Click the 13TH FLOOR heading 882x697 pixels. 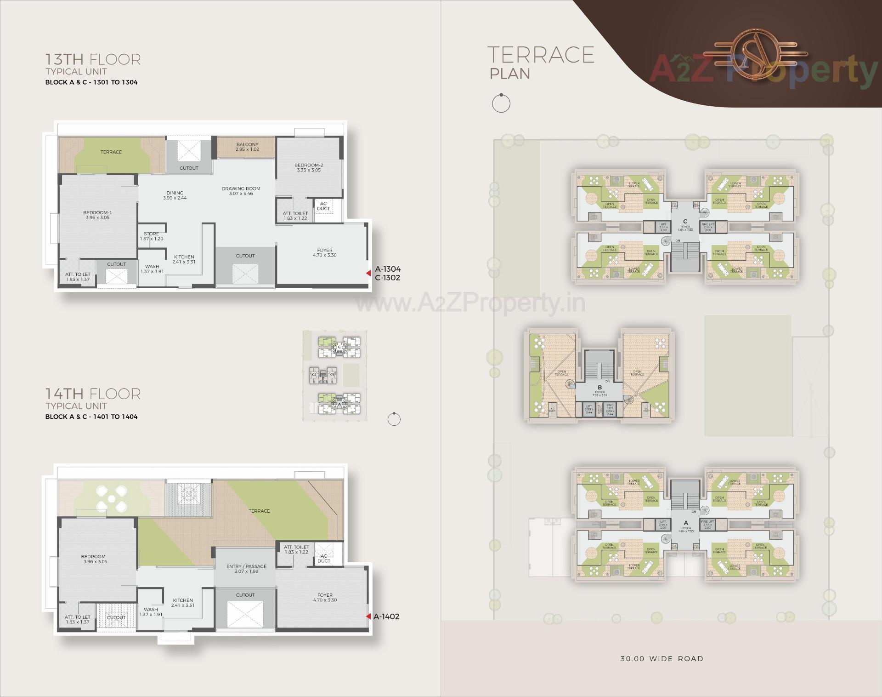tap(93, 60)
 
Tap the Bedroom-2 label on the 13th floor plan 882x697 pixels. tap(308, 167)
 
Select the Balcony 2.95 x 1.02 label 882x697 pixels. tap(247, 147)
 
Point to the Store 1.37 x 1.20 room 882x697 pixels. tap(152, 236)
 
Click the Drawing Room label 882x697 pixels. tap(241, 191)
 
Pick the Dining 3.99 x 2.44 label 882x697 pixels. tap(175, 195)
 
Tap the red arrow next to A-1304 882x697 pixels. tap(368, 273)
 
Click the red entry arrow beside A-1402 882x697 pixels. tap(368, 617)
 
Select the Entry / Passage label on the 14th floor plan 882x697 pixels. tap(246, 569)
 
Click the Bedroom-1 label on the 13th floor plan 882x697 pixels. tap(97, 215)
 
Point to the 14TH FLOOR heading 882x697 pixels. tap(93, 394)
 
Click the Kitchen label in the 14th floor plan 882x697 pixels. tap(183, 603)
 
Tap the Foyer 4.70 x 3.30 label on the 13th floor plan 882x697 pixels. tap(325, 253)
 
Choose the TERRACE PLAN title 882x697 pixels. tap(540, 63)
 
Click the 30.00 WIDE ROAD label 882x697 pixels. tap(661, 658)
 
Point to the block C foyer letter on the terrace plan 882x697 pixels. tap(685, 222)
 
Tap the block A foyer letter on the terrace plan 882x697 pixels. tap(686, 523)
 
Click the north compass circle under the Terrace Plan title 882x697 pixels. tap(501, 103)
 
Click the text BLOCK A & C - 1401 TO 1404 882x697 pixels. tap(91, 417)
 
